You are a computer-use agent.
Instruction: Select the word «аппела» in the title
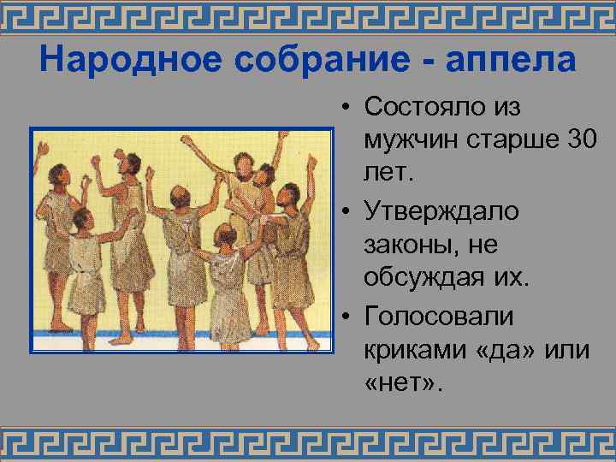(x=511, y=61)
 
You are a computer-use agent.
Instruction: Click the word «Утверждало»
(x=442, y=211)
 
